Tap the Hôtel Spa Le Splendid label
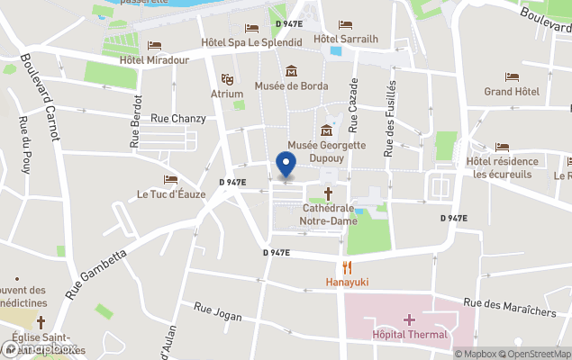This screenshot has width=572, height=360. pos(250,42)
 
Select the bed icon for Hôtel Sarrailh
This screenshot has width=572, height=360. pos(345,25)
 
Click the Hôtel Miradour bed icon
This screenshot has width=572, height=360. pos(155,46)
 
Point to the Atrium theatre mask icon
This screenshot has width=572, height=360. pos(227,79)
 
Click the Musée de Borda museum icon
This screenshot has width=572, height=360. pos(291,71)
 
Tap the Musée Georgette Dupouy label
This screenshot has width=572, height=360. pos(326,150)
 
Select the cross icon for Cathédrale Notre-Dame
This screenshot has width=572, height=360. pos(328,193)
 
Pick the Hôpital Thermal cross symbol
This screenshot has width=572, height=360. pos(410,319)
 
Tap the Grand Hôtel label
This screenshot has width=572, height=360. pos(512,92)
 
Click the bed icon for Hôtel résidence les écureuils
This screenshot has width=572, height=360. pos(502,147)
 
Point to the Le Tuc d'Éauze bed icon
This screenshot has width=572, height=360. pos(170,179)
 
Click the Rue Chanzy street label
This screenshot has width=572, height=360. pos(178,118)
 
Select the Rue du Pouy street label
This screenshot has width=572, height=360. pos(24,144)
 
